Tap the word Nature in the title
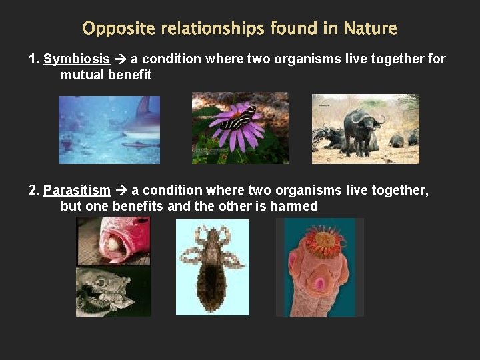[x=370, y=29]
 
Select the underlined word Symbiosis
[x=77, y=59]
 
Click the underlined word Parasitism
[x=77, y=191]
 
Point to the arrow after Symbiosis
[x=121, y=59]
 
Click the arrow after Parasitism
[x=121, y=191]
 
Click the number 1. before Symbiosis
[x=35, y=59]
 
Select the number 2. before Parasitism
[x=35, y=191]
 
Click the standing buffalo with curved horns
[x=362, y=127]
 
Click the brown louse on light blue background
[x=212, y=267]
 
